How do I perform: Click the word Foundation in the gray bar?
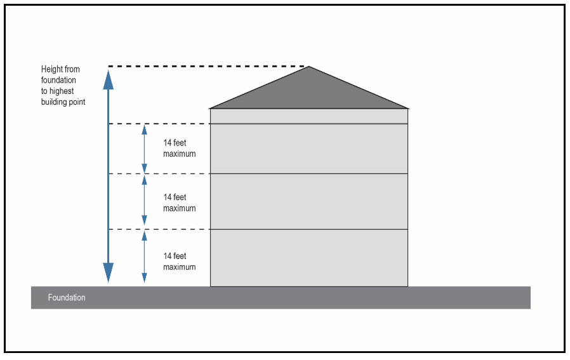pos(67,297)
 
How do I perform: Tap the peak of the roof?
pos(309,66)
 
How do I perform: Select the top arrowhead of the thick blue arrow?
pos(109,79)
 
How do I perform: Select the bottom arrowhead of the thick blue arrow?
pos(109,272)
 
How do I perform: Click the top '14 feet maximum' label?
pos(179,149)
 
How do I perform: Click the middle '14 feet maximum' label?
pos(179,203)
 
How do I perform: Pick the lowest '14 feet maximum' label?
pos(179,262)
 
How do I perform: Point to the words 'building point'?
pos(63,102)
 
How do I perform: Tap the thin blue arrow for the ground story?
pos(144,257)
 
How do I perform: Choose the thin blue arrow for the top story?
pos(144,149)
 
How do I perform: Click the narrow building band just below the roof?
pos(309,116)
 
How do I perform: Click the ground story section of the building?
pos(309,258)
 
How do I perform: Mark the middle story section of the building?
pos(309,201)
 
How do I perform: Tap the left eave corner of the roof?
pos(209,109)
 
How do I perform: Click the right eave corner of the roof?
pos(409,109)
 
